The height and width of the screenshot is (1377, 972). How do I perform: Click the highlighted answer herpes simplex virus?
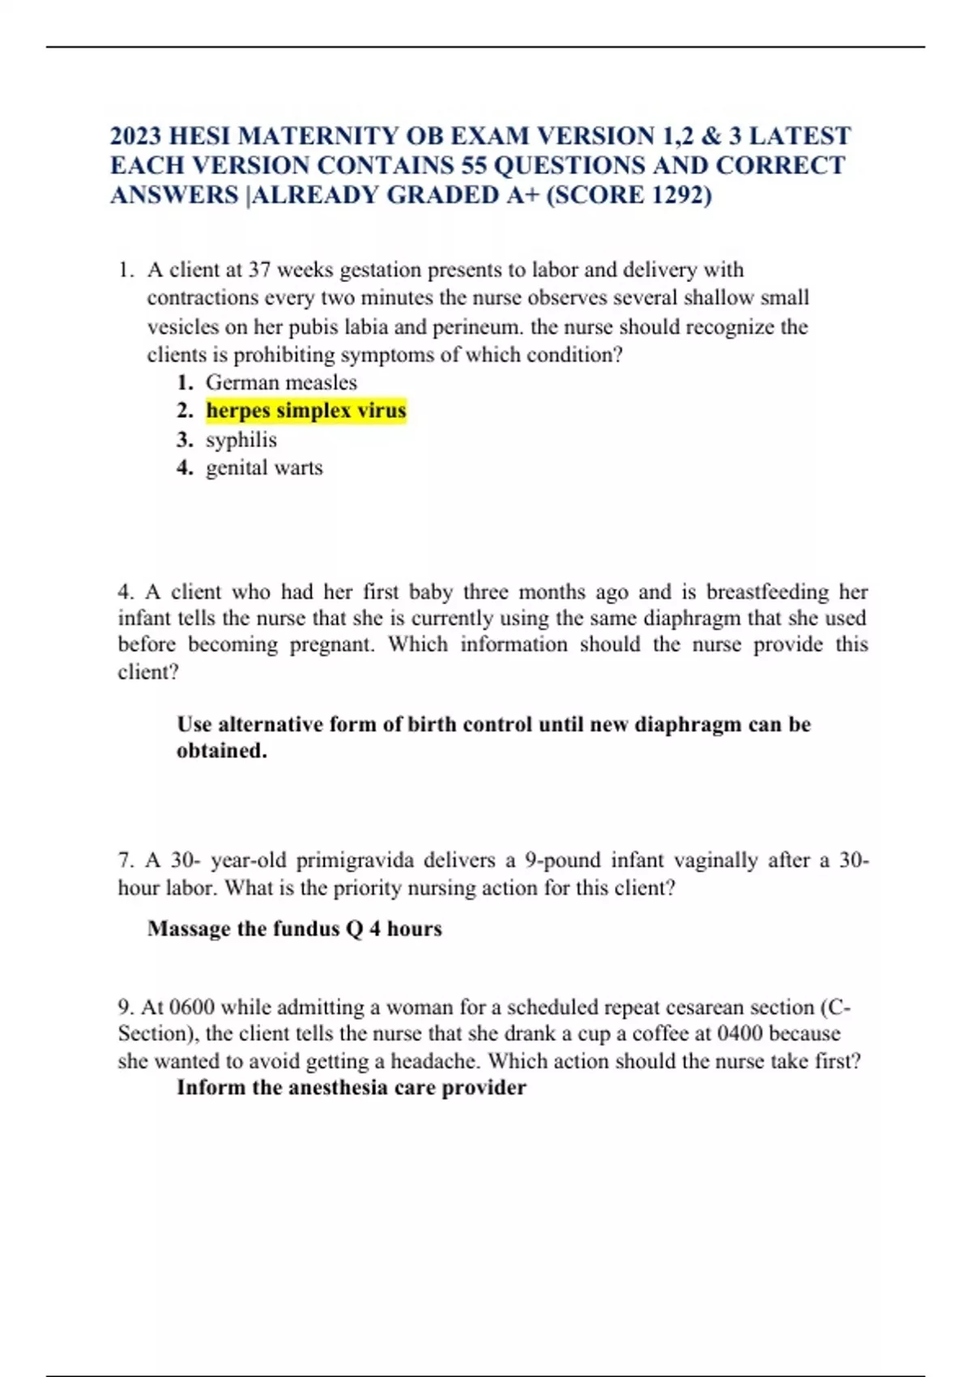305,411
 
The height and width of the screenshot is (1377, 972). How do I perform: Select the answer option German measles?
281,382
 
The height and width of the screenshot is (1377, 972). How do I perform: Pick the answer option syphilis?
241,440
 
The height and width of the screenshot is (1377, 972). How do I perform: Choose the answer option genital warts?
264,468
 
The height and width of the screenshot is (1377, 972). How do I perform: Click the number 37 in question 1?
259,270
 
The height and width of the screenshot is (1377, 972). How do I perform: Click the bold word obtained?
221,751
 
